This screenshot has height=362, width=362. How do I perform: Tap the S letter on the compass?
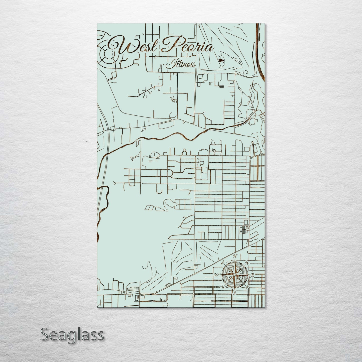[234, 293]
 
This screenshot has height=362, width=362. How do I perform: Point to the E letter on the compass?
[253, 275]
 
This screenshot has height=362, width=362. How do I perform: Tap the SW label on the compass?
[222, 287]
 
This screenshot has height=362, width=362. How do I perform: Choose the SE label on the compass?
[247, 287]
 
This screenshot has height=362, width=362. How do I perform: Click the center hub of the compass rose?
[234, 275]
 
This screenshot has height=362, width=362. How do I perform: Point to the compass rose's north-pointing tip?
[234, 261]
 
